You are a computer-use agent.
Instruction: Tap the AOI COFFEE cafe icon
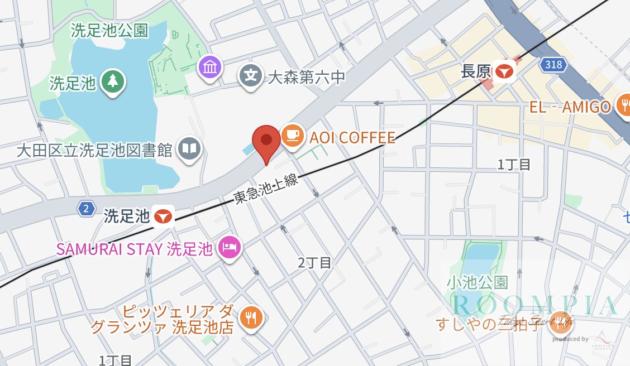[292, 135]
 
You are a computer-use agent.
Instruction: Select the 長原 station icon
[505, 71]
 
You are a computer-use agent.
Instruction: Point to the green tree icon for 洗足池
[113, 81]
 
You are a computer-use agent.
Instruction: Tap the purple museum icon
[210, 68]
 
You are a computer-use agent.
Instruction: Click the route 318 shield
[553, 65]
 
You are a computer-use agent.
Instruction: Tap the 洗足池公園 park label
[109, 31]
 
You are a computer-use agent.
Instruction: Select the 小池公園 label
[477, 282]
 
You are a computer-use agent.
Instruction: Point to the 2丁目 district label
[314, 262]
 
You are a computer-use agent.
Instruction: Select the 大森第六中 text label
[307, 78]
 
